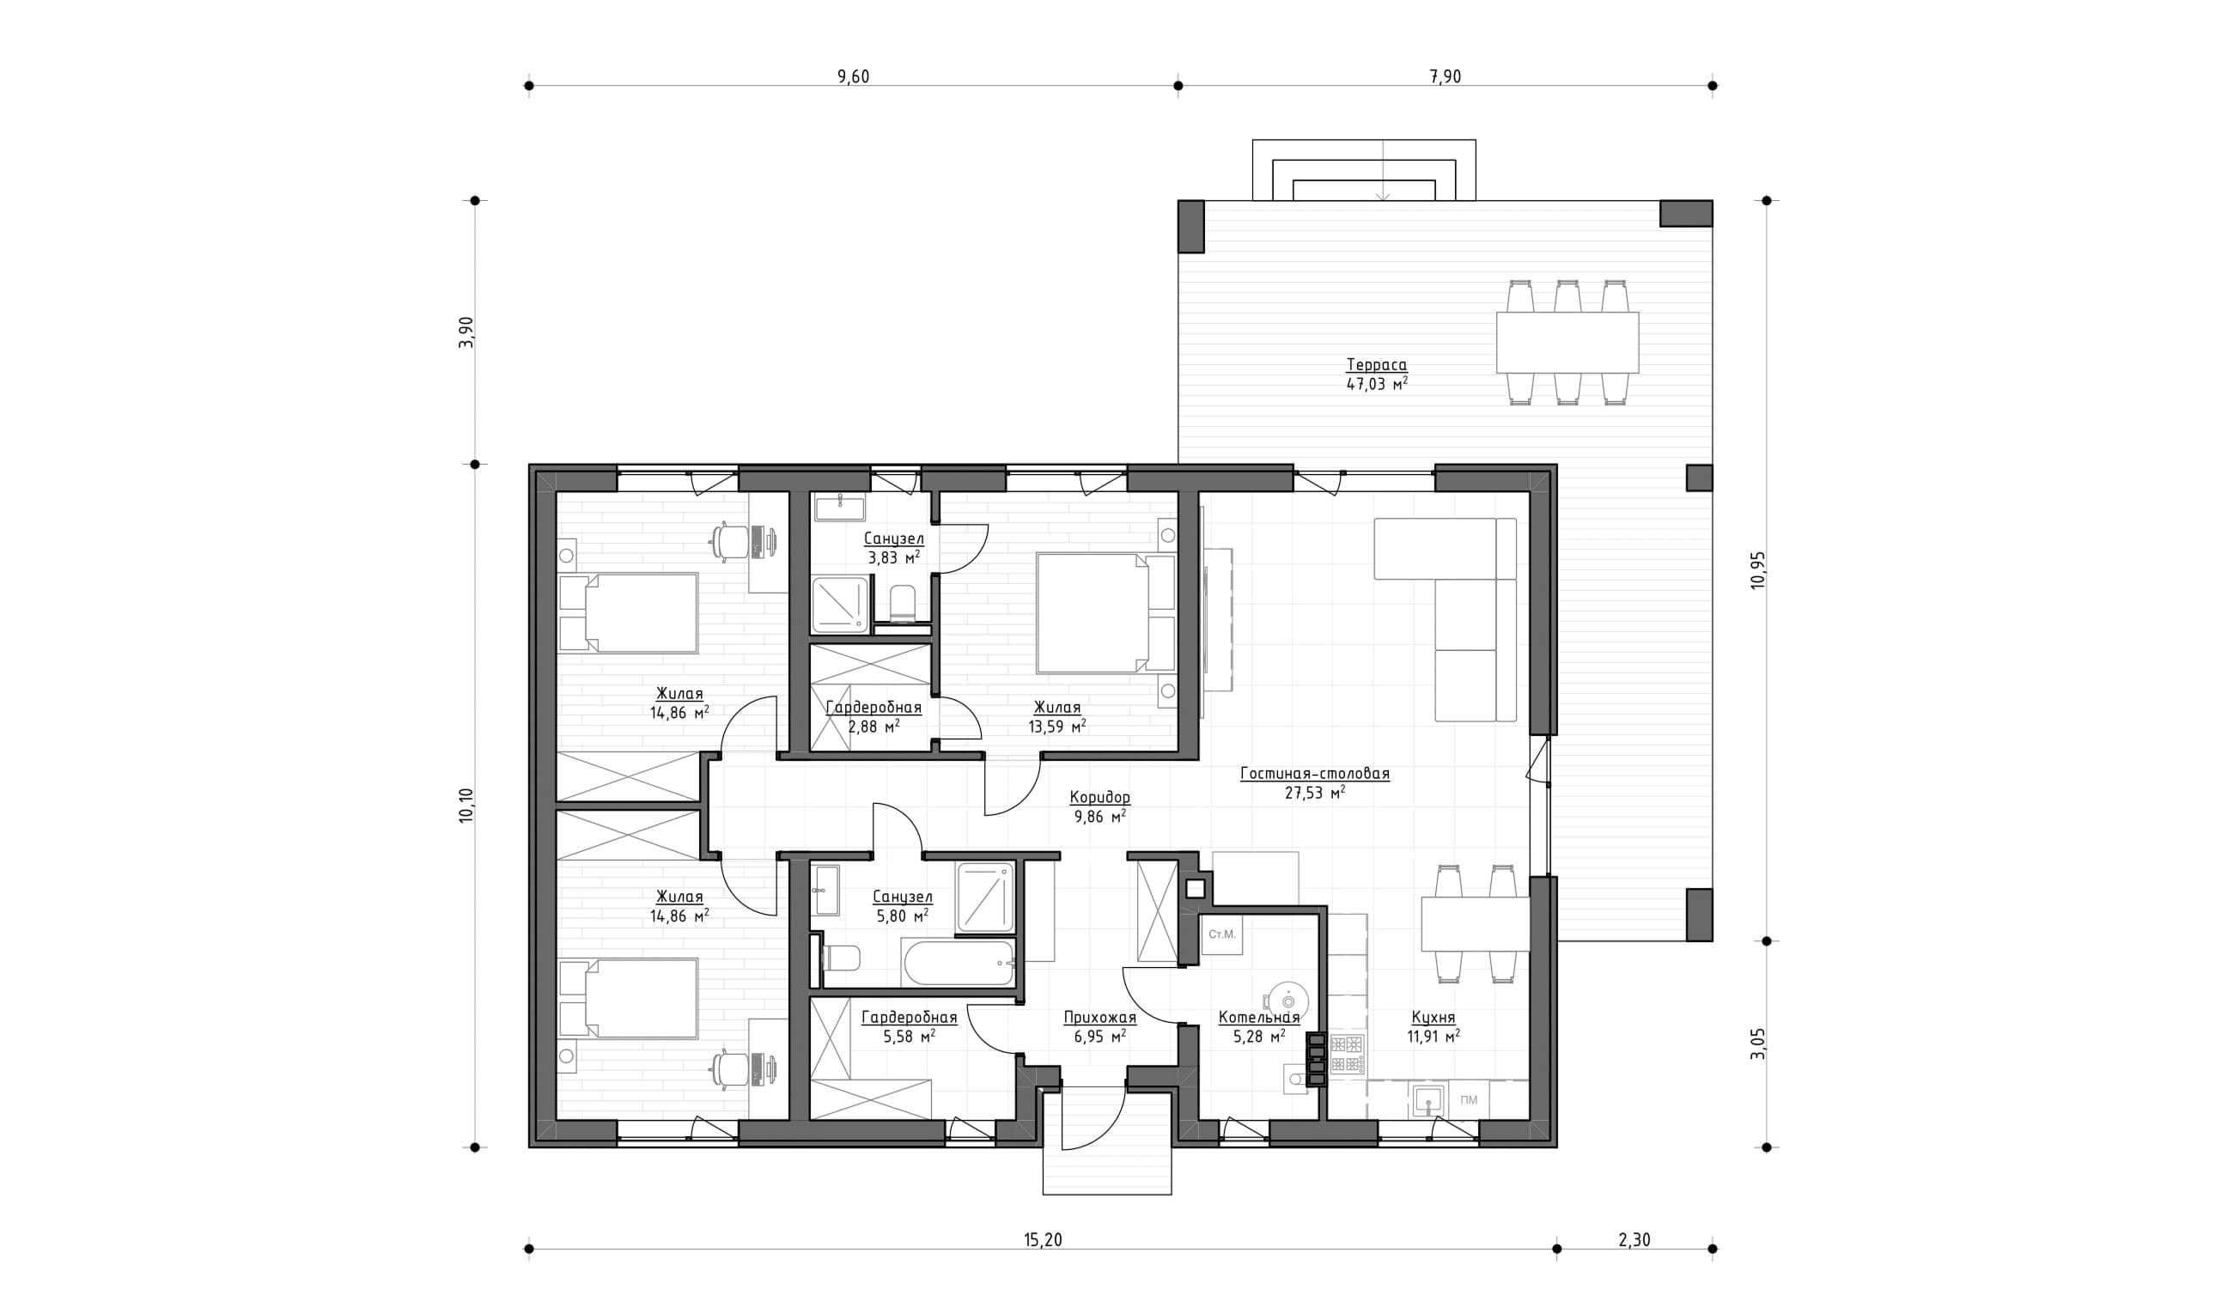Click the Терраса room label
click(x=1377, y=364)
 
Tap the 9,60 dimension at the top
click(x=854, y=76)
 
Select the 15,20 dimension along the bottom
click(x=1043, y=1239)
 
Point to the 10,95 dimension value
click(x=1758, y=570)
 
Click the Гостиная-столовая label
click(x=1315, y=774)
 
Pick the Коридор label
click(x=1099, y=798)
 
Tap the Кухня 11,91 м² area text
click(x=1433, y=1036)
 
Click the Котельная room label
click(x=1258, y=1017)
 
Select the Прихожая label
click(x=1099, y=1017)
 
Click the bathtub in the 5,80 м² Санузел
click(x=959, y=963)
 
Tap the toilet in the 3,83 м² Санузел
click(x=902, y=602)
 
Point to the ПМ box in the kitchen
click(x=1469, y=1100)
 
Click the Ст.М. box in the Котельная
click(x=1221, y=935)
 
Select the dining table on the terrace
click(x=1567, y=343)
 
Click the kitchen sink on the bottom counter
click(x=1428, y=1101)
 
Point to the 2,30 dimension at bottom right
click(x=1634, y=1239)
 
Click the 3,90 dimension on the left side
click(x=466, y=332)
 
